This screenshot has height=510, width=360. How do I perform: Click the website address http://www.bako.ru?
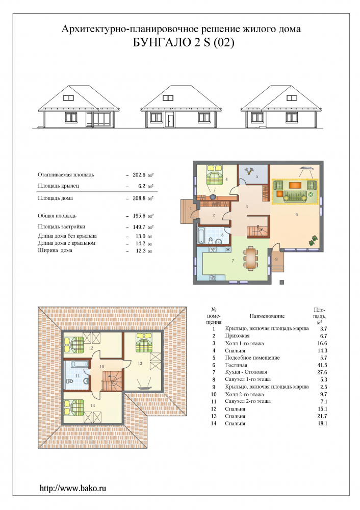[x=73, y=488]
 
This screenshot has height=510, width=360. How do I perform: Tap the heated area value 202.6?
[x=139, y=174]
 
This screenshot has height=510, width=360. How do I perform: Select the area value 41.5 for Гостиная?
[x=322, y=365]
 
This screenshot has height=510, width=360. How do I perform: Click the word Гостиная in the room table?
[x=236, y=365]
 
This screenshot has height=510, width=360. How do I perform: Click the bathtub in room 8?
[x=201, y=236]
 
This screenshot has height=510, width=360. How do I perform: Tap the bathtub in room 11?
[x=76, y=365]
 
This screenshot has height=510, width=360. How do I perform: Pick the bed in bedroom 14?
[x=74, y=407]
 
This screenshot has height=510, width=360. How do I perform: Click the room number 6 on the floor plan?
[x=297, y=215]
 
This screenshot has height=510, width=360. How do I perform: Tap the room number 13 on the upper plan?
[x=140, y=363]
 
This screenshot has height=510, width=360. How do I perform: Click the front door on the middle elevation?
[x=170, y=119]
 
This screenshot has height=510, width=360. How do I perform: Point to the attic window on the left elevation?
[x=68, y=97]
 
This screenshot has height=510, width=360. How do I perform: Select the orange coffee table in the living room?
[x=295, y=185]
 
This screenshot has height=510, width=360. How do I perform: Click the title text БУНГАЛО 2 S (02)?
[x=184, y=43]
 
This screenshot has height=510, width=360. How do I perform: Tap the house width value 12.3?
[x=140, y=251]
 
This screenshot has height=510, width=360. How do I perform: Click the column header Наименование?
[x=267, y=316]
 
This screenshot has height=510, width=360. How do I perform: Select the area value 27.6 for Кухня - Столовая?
[x=322, y=372]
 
